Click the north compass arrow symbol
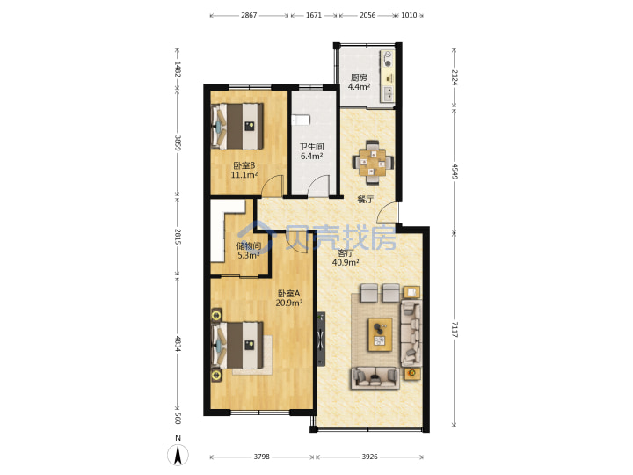pos(178,455)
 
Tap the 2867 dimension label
pos(249,15)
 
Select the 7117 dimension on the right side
pos(455,330)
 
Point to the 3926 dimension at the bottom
pos(369,457)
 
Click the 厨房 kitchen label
pos(359,77)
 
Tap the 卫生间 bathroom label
pos(311,147)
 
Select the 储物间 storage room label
pos(248,245)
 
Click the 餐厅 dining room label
pos(365,199)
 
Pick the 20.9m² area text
pos(289,303)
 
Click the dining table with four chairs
pos(373,163)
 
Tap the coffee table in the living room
pos(380,334)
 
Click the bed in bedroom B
pos(237,126)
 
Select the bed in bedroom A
pos(237,345)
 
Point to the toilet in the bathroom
pos(301,119)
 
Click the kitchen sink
pos(389,93)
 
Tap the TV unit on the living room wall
pos(321,340)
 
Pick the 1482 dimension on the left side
pos(178,69)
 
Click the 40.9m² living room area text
pos(346,262)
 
